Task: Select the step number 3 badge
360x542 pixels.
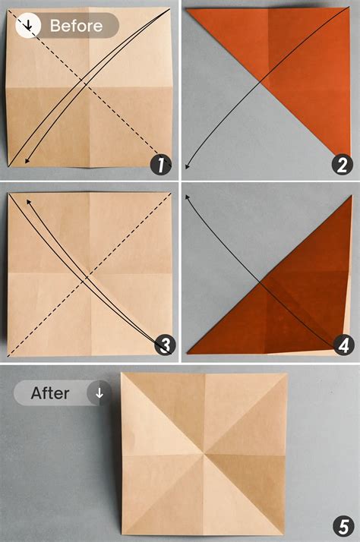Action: tap(163, 345)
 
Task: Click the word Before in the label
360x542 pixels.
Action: tap(76, 26)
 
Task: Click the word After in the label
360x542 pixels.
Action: tap(50, 393)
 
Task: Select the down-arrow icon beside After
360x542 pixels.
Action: tap(99, 393)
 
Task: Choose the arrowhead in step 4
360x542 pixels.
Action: tap(187, 195)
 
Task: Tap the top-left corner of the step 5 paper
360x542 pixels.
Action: tap(122, 373)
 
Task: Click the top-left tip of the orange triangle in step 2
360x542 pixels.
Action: tap(188, 9)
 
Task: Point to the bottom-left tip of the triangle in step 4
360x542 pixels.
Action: tap(188, 355)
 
